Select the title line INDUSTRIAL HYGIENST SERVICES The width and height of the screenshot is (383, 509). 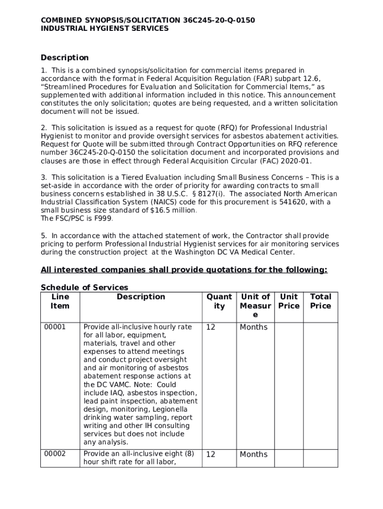coord(104,29)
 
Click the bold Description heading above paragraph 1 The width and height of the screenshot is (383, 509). coord(65,58)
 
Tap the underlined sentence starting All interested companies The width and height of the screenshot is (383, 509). coord(184,270)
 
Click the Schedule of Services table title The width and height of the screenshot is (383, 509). coord(85,287)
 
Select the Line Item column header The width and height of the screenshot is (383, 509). coord(60,301)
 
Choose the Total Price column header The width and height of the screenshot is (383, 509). coord(320,301)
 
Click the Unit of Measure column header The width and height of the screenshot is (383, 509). coord(255,306)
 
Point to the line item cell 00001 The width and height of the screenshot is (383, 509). coord(55,327)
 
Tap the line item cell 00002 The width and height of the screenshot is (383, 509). coord(55,454)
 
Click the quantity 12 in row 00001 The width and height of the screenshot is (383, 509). coord(211,327)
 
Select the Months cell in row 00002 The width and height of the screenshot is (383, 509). coord(254,454)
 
